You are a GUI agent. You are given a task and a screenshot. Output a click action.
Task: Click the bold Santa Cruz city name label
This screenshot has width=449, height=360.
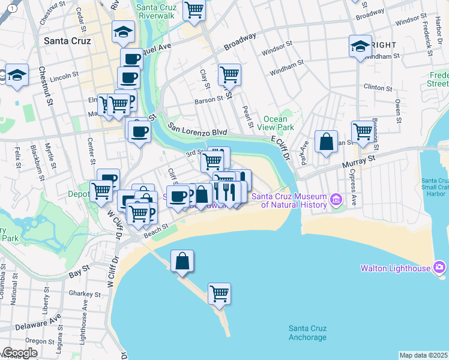68,41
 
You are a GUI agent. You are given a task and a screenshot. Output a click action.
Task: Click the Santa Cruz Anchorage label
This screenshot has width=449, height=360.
307,332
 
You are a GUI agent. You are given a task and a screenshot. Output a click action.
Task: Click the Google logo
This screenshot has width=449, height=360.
20,353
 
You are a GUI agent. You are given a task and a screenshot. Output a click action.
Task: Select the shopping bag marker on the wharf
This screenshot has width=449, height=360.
182,262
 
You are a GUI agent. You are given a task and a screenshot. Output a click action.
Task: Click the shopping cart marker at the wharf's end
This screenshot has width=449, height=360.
220,294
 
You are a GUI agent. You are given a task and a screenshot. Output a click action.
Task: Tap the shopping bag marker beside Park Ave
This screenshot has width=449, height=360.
326,142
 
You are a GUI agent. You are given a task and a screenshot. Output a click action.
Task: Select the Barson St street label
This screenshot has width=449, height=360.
209,101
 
